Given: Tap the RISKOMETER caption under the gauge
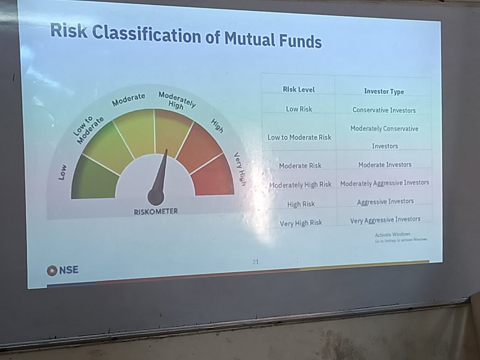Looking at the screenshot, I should pyautogui.click(x=156, y=211).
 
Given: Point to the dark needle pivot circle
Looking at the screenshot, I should pyautogui.click(x=156, y=197).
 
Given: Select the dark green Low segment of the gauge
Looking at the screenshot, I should pyautogui.click(x=93, y=180).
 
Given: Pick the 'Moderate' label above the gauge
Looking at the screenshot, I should pyautogui.click(x=128, y=100).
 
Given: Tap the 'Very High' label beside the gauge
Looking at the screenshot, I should pyautogui.click(x=240, y=169).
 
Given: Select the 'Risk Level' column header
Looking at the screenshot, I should pyautogui.click(x=299, y=89).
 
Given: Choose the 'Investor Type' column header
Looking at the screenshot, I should pyautogui.click(x=384, y=91).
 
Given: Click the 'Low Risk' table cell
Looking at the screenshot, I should pyautogui.click(x=299, y=109).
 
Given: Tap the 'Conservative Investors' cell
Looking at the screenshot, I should pyautogui.click(x=384, y=110).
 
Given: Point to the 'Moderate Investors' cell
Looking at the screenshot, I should pyautogui.click(x=385, y=165).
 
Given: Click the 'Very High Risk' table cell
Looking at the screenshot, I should pyautogui.click(x=301, y=223).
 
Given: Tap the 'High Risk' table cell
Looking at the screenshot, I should pyautogui.click(x=301, y=204).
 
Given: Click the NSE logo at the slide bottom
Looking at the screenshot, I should pyautogui.click(x=63, y=270).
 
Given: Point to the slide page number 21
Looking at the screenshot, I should pyautogui.click(x=255, y=262).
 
